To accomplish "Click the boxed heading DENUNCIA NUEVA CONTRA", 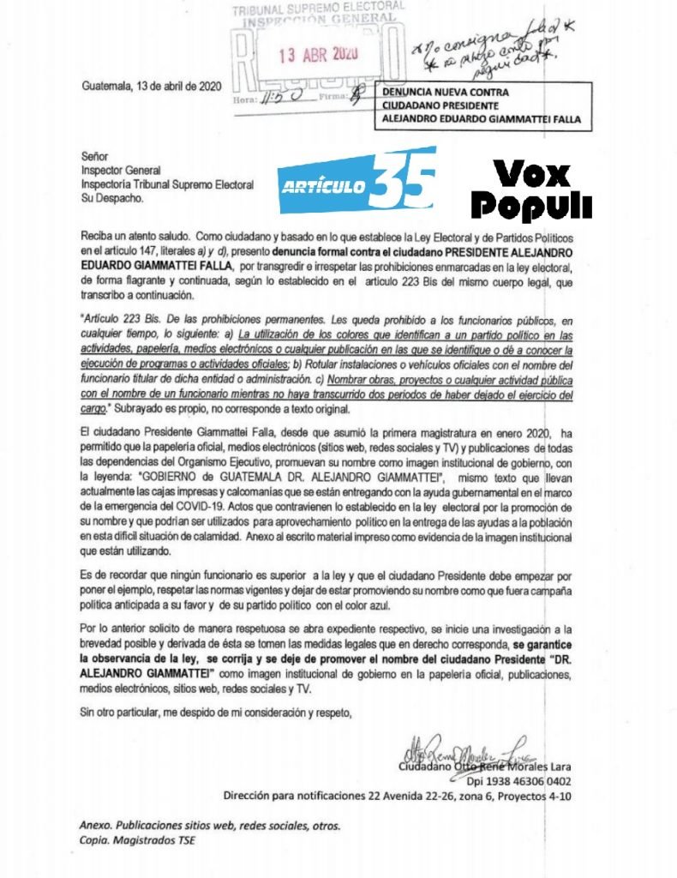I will point(446,92).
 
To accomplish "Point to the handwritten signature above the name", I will point(463,752).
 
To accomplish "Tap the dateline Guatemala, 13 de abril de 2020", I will point(153,86).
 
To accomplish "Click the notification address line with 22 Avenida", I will point(398,796).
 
